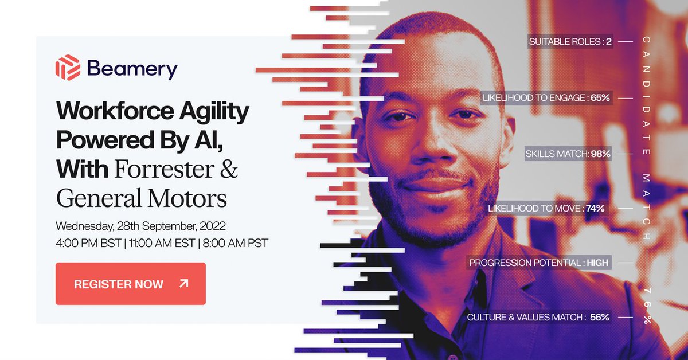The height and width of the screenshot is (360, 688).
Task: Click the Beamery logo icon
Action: [x=67, y=68]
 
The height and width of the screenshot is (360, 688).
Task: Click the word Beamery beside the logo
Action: [x=132, y=69]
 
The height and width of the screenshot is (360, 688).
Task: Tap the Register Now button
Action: [x=130, y=284]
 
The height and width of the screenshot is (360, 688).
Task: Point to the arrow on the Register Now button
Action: [x=183, y=283]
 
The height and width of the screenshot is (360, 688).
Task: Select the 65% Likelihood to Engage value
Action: [x=600, y=97]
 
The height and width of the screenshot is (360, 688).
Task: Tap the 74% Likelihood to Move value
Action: [x=595, y=208]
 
